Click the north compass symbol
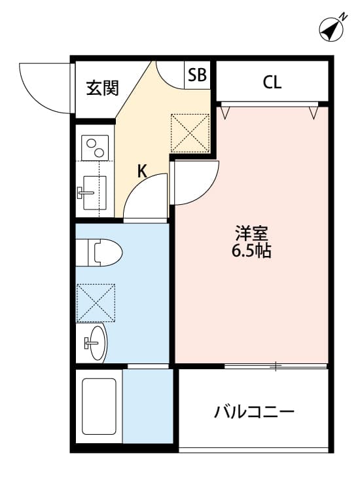(332, 29)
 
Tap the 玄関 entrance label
(102, 88)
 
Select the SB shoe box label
(197, 75)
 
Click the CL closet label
(272, 82)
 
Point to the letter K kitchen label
(143, 172)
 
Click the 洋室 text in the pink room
(251, 234)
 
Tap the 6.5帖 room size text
(251, 250)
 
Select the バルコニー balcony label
(254, 412)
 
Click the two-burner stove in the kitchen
(95, 148)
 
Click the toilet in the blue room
(99, 253)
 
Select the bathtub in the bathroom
(99, 406)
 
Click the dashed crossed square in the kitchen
(190, 133)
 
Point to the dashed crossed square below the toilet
(96, 303)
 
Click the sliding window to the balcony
(276, 366)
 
